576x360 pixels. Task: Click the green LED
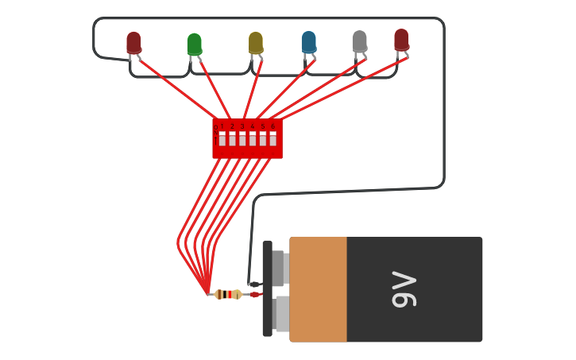pos(195,45)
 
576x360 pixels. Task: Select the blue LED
pos(308,42)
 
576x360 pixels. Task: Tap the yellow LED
pos(255,43)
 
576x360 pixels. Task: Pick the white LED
pos(359,41)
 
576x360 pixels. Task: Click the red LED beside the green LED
pos(133,43)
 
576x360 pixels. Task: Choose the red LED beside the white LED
pos(401,40)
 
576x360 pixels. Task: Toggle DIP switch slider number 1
pos(222,139)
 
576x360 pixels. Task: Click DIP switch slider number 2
pos(233,139)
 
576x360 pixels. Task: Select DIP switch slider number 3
pos(242,139)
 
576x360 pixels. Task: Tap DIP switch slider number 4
pos(253,139)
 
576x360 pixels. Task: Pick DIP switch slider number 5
pos(263,139)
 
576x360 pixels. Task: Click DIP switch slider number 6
pos(273,139)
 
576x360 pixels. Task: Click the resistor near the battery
pos(228,294)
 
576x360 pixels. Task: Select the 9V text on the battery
pos(404,289)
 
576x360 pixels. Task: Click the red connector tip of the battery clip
pos(255,295)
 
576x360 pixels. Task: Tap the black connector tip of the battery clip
pos(254,285)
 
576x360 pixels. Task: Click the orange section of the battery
pos(319,289)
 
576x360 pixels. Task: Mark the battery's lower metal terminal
pos(280,314)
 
